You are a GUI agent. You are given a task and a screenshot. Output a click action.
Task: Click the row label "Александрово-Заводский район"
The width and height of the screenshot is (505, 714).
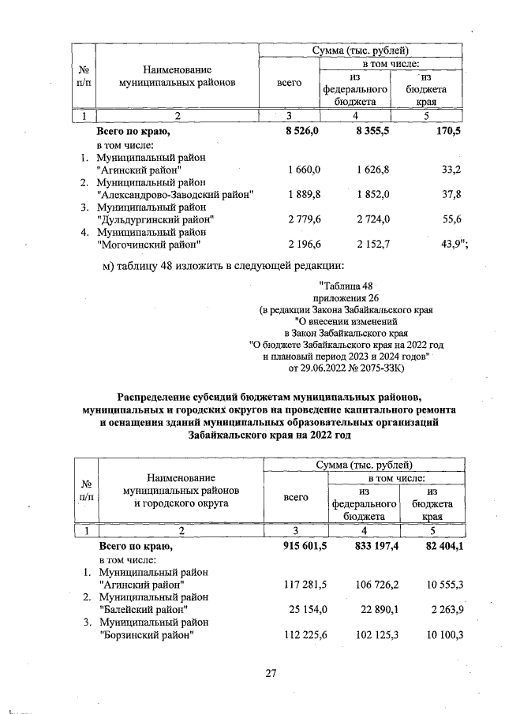[x=174, y=194]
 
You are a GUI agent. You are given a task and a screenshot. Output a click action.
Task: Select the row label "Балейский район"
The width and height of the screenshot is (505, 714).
[x=145, y=609]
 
